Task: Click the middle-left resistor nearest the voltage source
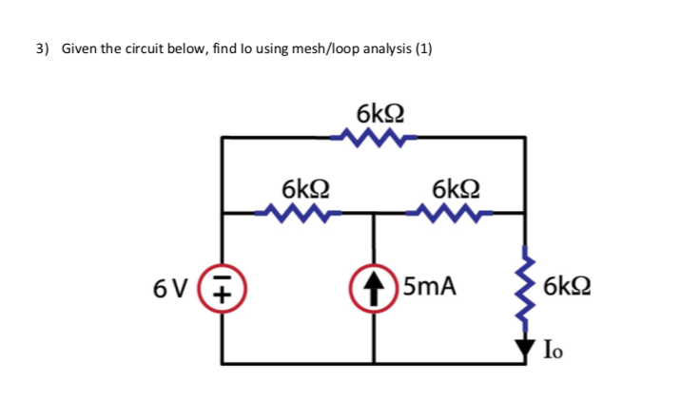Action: (299, 214)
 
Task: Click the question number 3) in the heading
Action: (43, 48)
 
